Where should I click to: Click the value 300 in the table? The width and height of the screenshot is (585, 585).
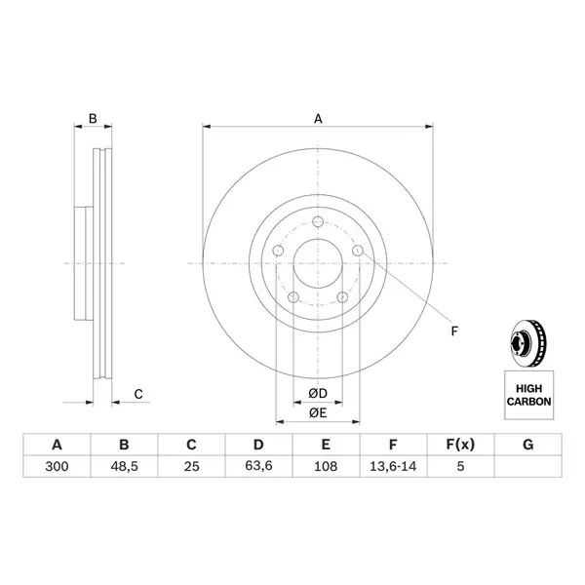click(57, 466)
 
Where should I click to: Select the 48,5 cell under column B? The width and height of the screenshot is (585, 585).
click(124, 466)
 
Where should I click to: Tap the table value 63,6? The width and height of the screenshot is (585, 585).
click(258, 466)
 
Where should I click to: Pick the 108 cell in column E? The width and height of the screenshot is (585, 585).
click(326, 466)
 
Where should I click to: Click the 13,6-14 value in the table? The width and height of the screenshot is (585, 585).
click(393, 466)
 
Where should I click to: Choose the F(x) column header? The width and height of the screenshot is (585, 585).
click(460, 445)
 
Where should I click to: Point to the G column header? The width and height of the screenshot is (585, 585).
click(527, 445)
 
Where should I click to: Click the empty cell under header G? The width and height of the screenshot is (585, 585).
click(527, 466)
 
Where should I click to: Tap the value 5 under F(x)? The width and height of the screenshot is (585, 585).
click(461, 466)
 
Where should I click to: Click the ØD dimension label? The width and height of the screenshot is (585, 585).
click(318, 393)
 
